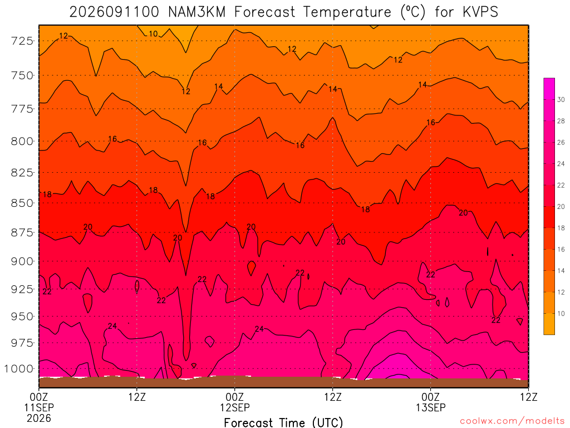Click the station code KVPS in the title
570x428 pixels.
coord(480,12)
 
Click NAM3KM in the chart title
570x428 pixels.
coord(196,12)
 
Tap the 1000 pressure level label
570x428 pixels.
coord(18,369)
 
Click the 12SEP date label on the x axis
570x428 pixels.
coord(235,407)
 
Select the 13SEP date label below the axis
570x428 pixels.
coord(431,407)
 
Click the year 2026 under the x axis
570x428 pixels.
coord(39,418)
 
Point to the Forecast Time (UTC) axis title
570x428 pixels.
coord(283,422)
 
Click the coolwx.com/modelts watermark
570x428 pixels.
coord(512,421)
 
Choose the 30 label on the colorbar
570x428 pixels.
coord(561,100)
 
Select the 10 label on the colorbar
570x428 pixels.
coord(561,313)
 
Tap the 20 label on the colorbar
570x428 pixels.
coord(561,207)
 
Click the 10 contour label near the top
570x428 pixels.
coord(154,34)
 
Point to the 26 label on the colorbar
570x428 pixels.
coord(561,142)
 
